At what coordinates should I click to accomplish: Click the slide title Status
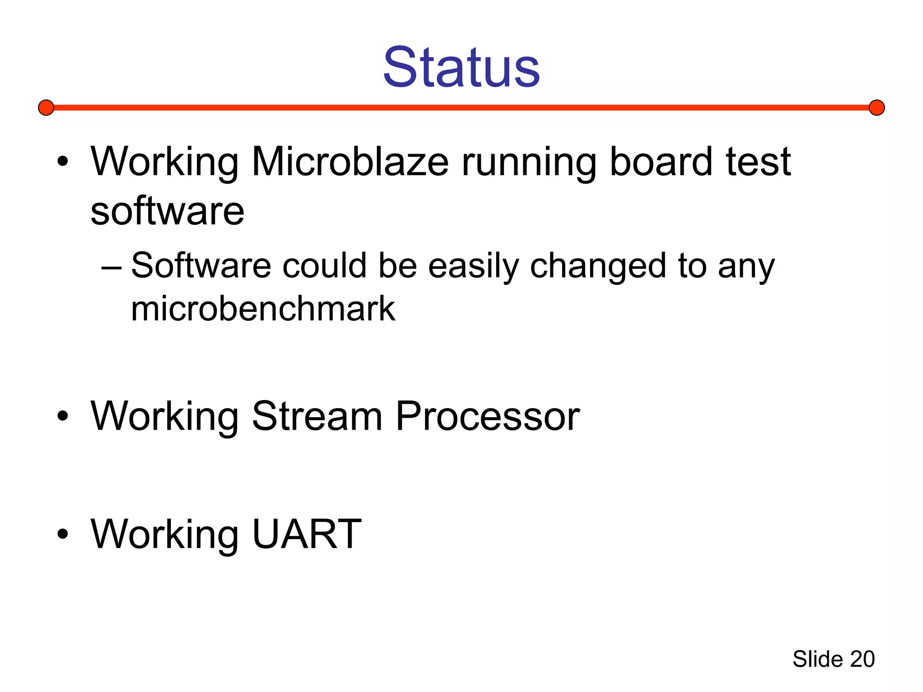[x=461, y=68]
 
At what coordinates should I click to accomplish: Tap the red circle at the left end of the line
[x=46, y=108]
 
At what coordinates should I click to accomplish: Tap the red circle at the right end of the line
[x=877, y=108]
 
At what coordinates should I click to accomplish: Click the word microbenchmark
[x=263, y=309]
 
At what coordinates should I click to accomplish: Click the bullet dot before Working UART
[x=63, y=534]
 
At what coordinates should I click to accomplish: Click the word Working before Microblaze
[x=164, y=163]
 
